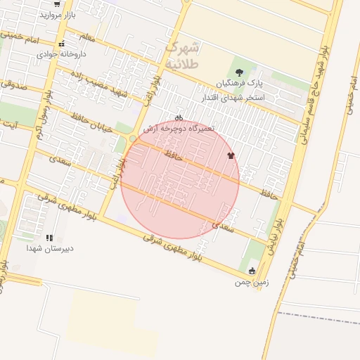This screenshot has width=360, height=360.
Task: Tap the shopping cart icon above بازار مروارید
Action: [x=56, y=4]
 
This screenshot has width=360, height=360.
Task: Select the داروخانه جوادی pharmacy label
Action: [x=61, y=53]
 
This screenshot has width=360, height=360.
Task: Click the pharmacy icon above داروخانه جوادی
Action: [x=62, y=44]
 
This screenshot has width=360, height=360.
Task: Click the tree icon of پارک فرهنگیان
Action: [x=240, y=72]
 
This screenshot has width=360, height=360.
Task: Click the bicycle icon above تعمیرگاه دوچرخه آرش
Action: [x=179, y=118]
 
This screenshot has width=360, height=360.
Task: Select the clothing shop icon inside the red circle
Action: [x=230, y=155]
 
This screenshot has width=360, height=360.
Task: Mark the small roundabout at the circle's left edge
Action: [x=132, y=139]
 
